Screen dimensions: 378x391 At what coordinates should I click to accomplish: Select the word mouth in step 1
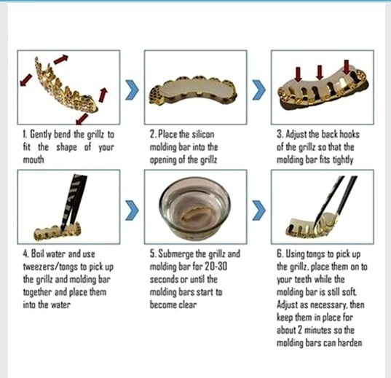(x=33, y=158)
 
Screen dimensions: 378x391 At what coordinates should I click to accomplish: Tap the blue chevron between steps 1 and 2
(x=132, y=92)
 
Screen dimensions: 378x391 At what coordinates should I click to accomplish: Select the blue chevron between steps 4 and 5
(x=132, y=210)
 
